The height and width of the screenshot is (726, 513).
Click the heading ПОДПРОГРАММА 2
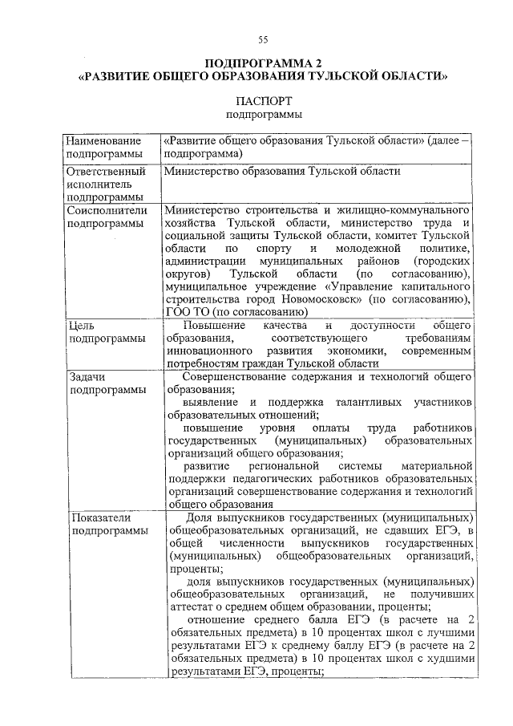point(263,63)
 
